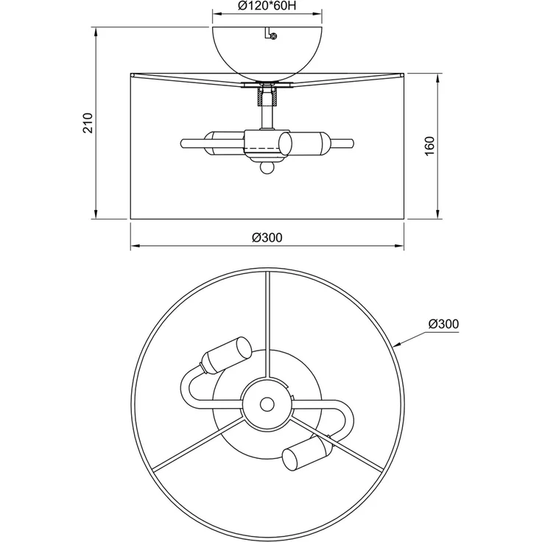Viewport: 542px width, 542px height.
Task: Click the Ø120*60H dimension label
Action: click(267, 6)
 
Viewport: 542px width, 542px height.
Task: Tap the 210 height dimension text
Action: click(88, 123)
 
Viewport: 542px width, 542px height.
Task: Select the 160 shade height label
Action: click(429, 146)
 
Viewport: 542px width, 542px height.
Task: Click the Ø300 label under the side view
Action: click(267, 237)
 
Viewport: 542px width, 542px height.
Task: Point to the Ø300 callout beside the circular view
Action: click(443, 324)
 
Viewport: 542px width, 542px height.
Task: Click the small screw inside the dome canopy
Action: click(274, 35)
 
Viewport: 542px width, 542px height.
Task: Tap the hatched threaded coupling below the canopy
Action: click(267, 96)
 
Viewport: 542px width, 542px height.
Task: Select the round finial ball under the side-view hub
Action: click(267, 168)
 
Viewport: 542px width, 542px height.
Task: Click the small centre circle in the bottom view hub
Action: click(267, 404)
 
